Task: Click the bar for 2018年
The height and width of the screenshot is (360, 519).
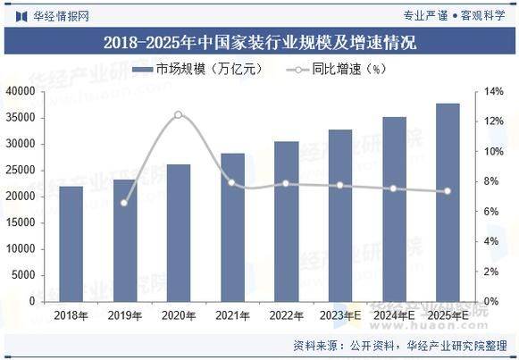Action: (71, 243)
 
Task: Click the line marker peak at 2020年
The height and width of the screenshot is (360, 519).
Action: (179, 115)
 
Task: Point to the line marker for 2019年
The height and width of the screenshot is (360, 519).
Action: (125, 203)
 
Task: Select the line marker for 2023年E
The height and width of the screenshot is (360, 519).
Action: (340, 186)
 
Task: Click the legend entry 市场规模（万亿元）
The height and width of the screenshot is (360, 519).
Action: (197, 69)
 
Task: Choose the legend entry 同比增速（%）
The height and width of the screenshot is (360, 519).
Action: (336, 69)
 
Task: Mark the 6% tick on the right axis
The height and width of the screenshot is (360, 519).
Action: (492, 211)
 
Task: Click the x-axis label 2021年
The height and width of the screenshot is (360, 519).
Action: (232, 314)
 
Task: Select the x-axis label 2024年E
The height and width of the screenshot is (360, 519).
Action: (394, 314)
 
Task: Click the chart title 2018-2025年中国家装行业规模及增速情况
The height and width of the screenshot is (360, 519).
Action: (259, 42)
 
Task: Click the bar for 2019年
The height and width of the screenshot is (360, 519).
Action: (125, 240)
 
